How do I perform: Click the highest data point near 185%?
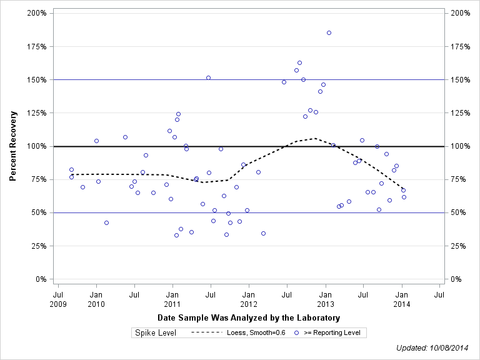[x=329, y=32]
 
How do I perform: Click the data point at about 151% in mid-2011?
[x=208, y=77]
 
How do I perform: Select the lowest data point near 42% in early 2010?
[x=106, y=222]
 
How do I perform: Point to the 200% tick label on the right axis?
[x=461, y=13]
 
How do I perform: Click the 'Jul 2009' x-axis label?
[x=58, y=299]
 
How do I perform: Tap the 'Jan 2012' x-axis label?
[x=249, y=299]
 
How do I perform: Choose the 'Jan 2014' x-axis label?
[x=402, y=299]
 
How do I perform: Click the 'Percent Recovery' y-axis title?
[x=13, y=146]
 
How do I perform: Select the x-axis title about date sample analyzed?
[x=249, y=318]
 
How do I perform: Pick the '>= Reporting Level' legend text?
[x=332, y=332]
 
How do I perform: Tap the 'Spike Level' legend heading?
[x=156, y=332]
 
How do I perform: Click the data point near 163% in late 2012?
[x=299, y=62]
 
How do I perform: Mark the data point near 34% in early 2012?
[x=263, y=233]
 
